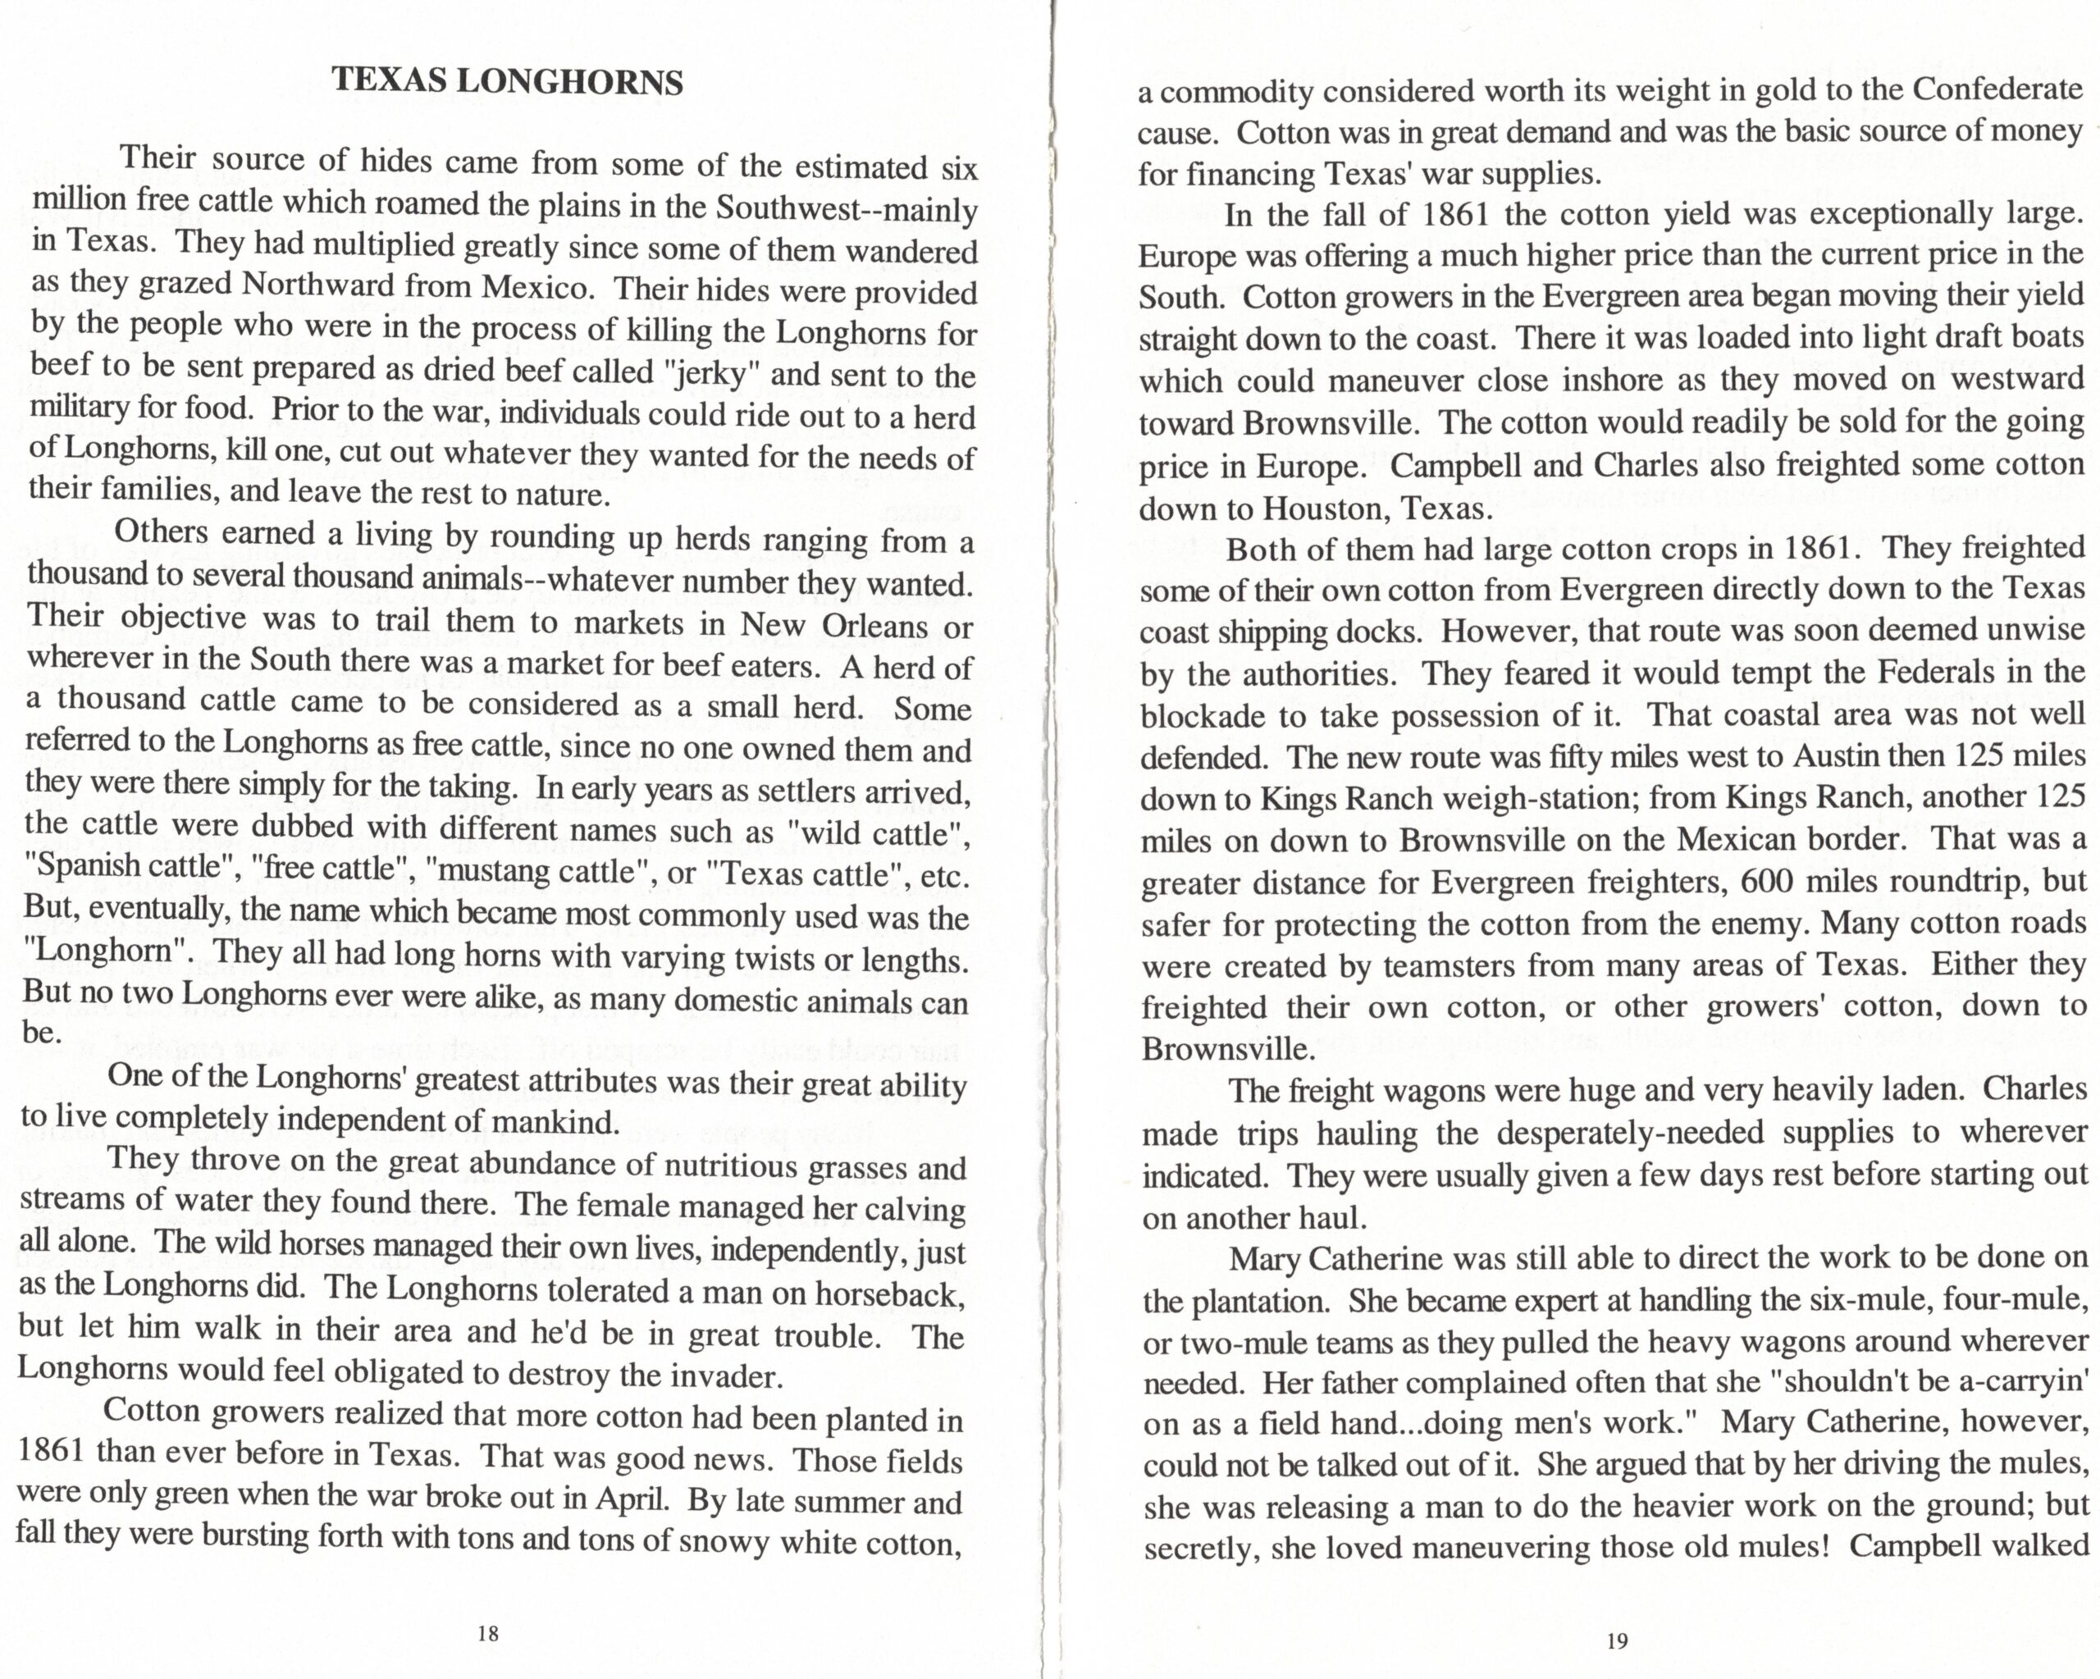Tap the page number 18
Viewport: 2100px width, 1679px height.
tap(488, 1633)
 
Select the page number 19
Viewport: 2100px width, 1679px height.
tap(1617, 1641)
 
